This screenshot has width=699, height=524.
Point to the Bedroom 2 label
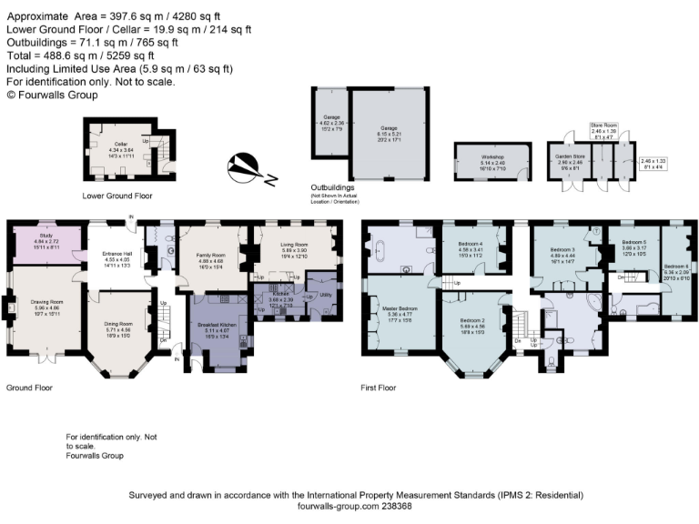pyautogui.click(x=472, y=321)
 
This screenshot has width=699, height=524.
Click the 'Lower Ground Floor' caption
pyautogui.click(x=117, y=196)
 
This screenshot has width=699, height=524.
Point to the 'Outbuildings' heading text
pyautogui.click(x=333, y=188)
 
